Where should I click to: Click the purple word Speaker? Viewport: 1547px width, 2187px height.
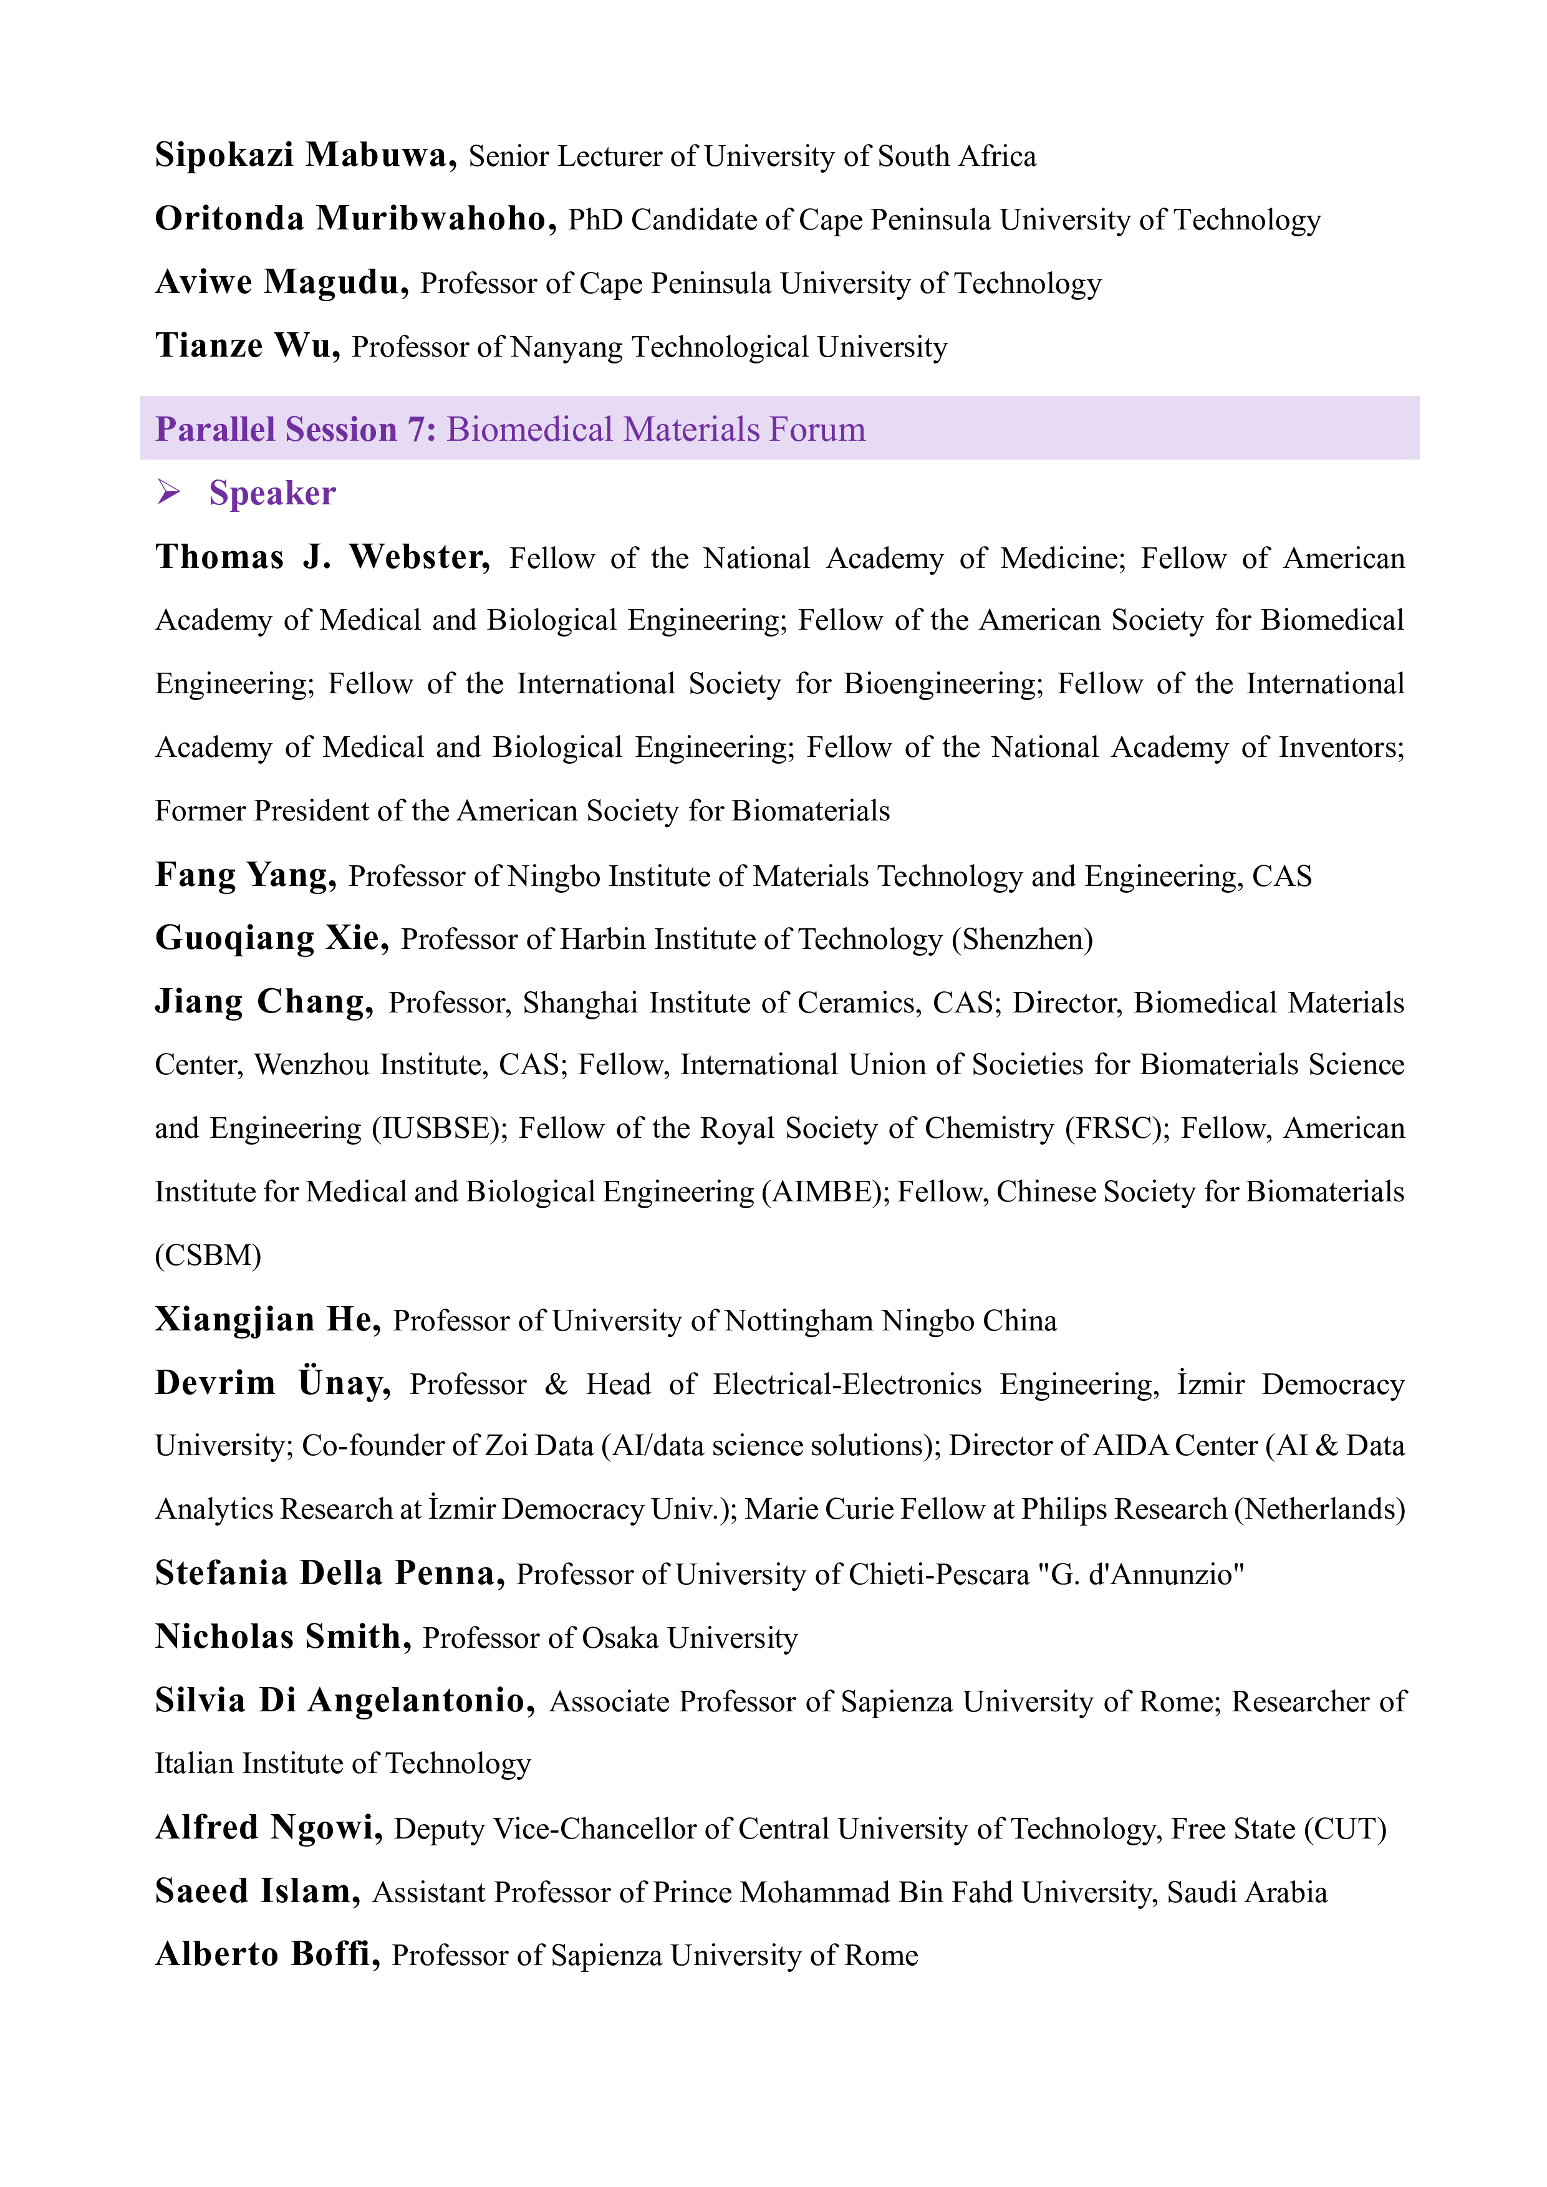[x=272, y=493]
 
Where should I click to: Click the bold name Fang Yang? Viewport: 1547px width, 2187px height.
[x=245, y=875]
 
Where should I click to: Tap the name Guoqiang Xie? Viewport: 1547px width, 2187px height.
[x=271, y=938]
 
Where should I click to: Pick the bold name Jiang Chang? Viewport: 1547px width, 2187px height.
[x=264, y=1002]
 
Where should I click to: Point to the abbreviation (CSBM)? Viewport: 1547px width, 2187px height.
[x=208, y=1256]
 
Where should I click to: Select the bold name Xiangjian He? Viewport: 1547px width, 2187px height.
[x=267, y=1319]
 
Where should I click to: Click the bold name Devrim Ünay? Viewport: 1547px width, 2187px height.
[x=272, y=1383]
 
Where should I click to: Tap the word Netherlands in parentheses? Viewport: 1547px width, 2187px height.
[x=1319, y=1509]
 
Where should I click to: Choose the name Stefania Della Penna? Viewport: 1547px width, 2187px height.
[x=330, y=1573]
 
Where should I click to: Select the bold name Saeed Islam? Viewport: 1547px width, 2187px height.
[x=257, y=1891]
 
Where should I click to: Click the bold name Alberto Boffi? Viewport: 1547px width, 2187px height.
[x=267, y=1954]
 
